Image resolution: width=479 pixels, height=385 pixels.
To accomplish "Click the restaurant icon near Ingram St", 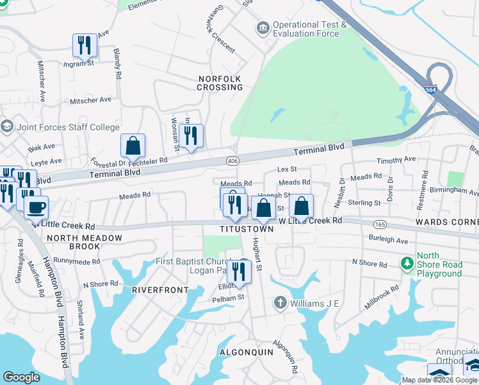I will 85,45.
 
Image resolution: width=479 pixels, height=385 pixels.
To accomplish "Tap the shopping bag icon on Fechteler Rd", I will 133,146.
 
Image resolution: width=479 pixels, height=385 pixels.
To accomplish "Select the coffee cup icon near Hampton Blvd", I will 37,207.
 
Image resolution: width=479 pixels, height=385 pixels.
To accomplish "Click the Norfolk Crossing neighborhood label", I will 219,83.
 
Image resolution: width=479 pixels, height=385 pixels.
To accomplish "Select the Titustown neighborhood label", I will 247,229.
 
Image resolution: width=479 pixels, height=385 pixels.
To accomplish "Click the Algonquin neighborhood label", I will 247,352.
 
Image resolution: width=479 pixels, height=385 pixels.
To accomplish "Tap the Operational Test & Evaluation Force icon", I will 263,28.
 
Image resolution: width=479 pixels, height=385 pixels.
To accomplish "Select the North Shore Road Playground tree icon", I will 405,264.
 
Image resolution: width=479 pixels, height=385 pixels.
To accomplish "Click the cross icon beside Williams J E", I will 279,302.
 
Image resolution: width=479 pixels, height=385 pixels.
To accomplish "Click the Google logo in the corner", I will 21,377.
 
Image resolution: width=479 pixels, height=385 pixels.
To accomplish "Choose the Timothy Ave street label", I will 396,160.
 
